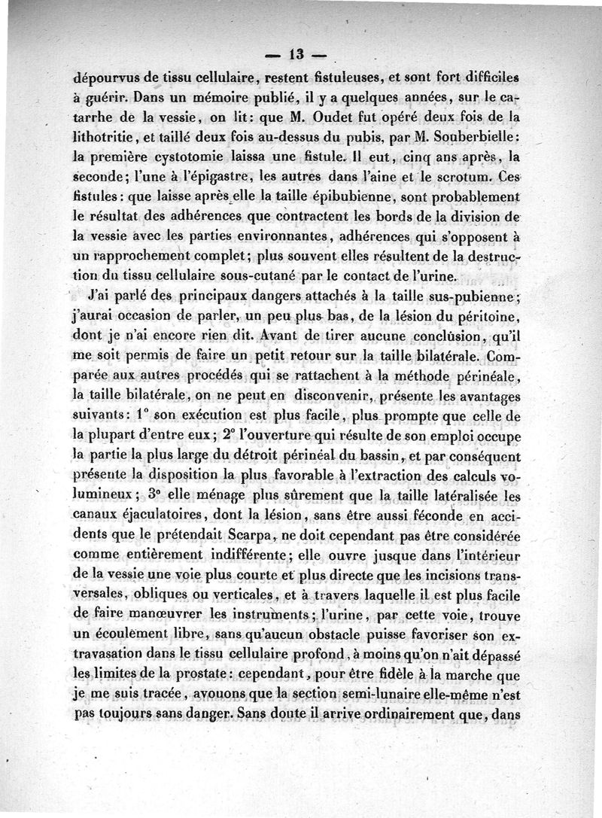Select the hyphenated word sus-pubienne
click(461, 296)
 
